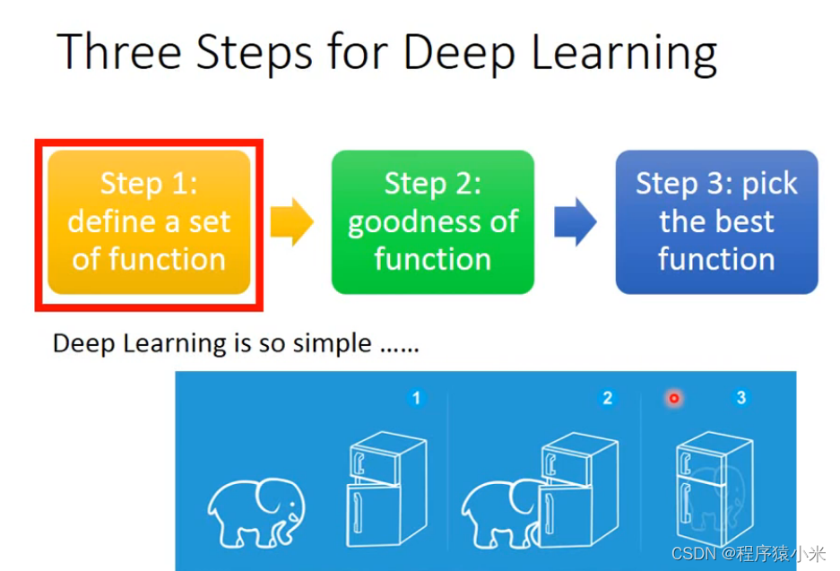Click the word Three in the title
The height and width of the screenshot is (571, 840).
(x=118, y=52)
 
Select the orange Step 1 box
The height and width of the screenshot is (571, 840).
(x=149, y=222)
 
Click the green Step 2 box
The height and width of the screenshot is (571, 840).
(x=433, y=222)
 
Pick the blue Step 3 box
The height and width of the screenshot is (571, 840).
(x=716, y=222)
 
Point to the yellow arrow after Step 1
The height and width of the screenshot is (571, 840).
(x=291, y=221)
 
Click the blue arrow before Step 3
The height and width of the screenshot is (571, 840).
(x=575, y=221)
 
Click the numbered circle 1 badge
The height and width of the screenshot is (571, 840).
(x=415, y=397)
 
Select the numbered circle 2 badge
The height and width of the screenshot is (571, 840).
(x=607, y=397)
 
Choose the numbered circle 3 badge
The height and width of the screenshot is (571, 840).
(x=740, y=397)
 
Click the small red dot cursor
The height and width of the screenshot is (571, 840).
(x=673, y=398)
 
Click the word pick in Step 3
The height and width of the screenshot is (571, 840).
(x=769, y=184)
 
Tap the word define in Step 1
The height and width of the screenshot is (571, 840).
(x=109, y=222)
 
